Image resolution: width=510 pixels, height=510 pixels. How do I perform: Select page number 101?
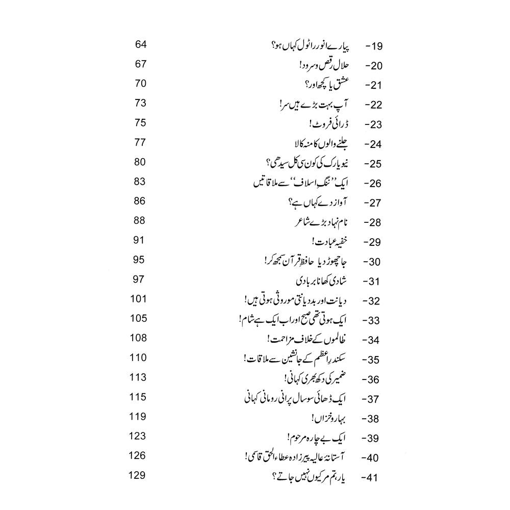click(x=138, y=299)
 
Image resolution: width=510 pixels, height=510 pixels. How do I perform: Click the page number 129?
click(x=138, y=475)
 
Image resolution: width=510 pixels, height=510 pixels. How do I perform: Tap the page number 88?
click(x=140, y=220)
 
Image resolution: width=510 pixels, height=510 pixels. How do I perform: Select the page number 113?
click(x=138, y=377)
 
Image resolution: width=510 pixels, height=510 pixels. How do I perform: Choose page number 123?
click(x=138, y=436)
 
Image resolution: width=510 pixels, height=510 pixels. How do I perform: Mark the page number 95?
click(x=140, y=260)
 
